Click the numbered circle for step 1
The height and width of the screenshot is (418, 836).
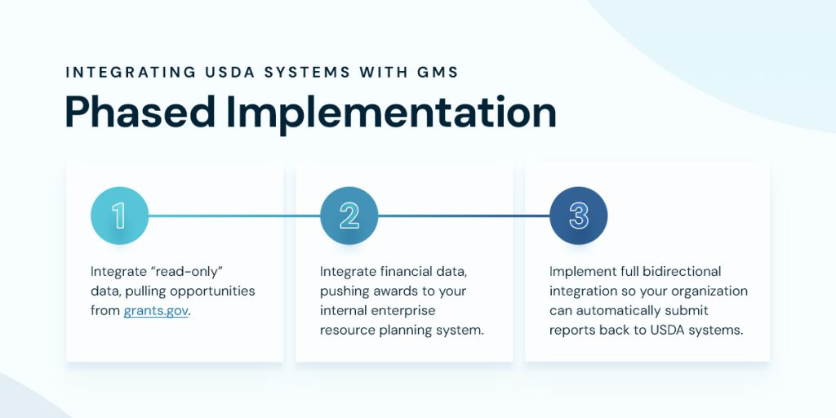tap(119, 216)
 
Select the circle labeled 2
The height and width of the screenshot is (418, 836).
tap(349, 216)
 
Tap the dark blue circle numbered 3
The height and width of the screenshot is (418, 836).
tap(579, 216)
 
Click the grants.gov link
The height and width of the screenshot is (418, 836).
tap(156, 311)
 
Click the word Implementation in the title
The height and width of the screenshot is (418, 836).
tap(391, 112)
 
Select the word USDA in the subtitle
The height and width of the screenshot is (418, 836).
tap(227, 72)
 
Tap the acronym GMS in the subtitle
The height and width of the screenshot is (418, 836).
tap(437, 72)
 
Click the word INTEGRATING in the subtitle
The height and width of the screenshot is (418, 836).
tap(127, 72)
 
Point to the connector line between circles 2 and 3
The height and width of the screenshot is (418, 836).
tap(464, 216)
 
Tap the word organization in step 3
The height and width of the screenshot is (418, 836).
tap(709, 291)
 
